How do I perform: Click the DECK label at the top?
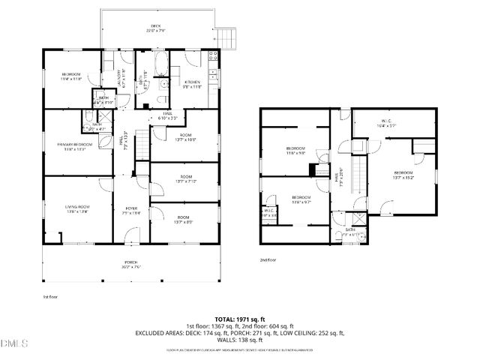pyautogui.click(x=157, y=28)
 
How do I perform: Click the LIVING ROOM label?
pyautogui.click(x=76, y=208)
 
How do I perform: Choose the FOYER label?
pyautogui.click(x=132, y=210)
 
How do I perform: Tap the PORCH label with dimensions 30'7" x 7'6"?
pyautogui.click(x=132, y=264)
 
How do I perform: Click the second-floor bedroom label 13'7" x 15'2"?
pyautogui.click(x=403, y=175)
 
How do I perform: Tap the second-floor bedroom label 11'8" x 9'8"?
pyautogui.click(x=295, y=151)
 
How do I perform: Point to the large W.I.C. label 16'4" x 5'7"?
pyautogui.click(x=387, y=124)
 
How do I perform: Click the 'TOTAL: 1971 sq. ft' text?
pyautogui.click(x=239, y=318)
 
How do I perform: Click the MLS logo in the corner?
pyautogui.click(x=13, y=343)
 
